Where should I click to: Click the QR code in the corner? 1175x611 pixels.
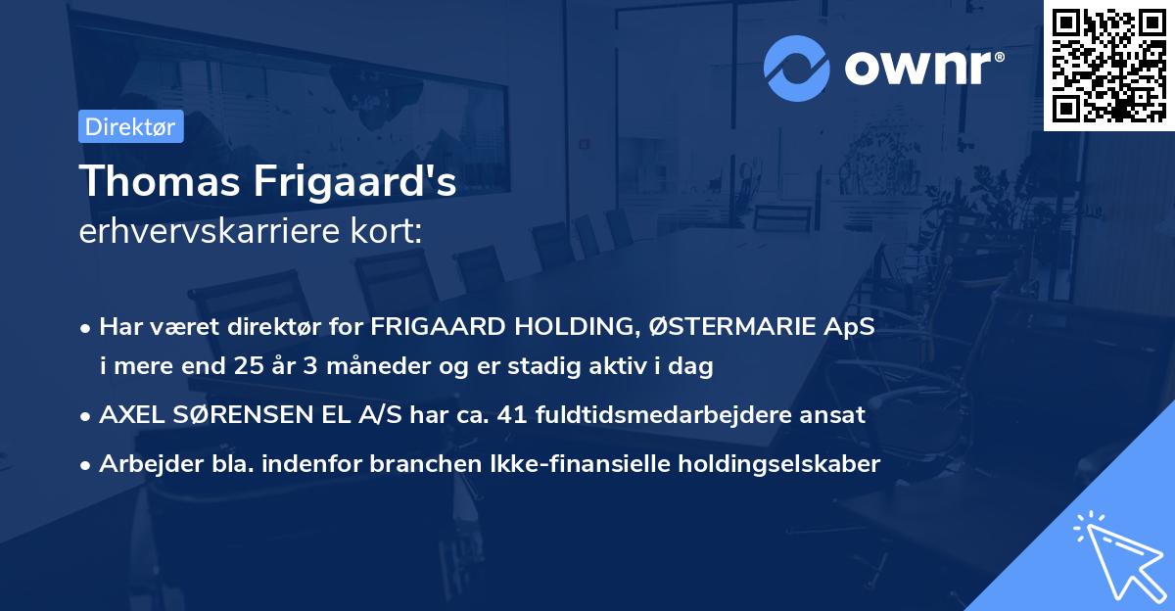point(1108,65)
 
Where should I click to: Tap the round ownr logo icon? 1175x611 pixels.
point(797,68)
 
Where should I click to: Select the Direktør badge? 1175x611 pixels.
point(130,126)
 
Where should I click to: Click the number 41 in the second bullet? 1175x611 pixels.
point(513,414)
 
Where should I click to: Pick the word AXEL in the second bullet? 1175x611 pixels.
point(130,414)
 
